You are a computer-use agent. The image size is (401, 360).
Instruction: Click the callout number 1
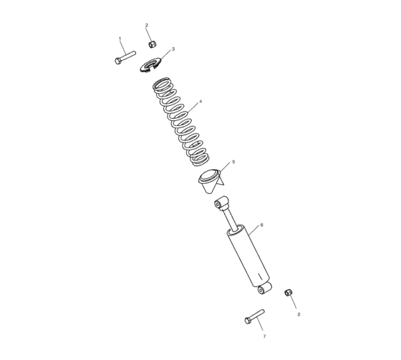pos(120,38)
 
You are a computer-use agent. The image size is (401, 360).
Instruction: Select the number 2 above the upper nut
pos(147,26)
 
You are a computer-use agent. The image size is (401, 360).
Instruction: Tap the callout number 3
pos(173,49)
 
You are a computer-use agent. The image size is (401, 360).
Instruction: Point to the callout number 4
pos(200,102)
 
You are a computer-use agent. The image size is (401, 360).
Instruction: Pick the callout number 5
pos(233,162)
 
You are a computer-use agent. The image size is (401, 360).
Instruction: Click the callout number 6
pos(261,225)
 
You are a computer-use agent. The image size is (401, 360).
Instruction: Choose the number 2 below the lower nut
pos(299,314)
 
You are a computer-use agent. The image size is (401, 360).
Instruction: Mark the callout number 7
pos(264,336)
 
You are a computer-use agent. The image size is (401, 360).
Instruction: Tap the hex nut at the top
pos(152,44)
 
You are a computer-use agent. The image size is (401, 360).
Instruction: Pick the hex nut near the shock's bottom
pos(289,292)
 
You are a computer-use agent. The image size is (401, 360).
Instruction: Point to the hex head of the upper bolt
pos(117,61)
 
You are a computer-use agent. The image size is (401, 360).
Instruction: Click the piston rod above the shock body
pos(228,218)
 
